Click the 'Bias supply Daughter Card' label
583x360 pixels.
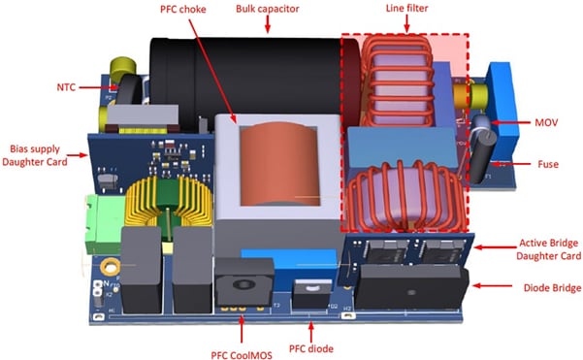(x=36, y=157)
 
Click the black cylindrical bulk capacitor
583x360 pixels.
(x=243, y=73)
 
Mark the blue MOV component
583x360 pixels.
(x=502, y=112)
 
